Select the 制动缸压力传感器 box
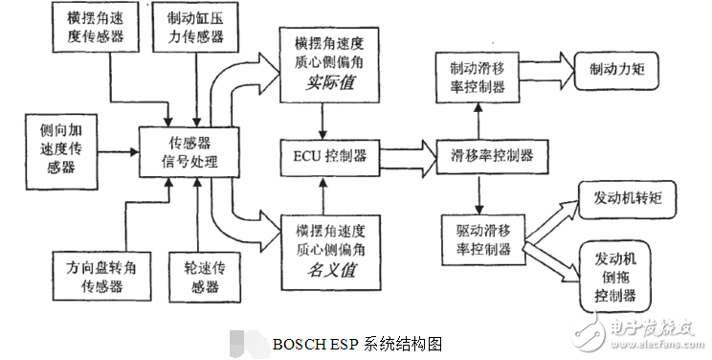(x=195, y=29)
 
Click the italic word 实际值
(x=327, y=84)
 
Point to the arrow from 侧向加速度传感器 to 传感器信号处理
(x=119, y=151)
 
